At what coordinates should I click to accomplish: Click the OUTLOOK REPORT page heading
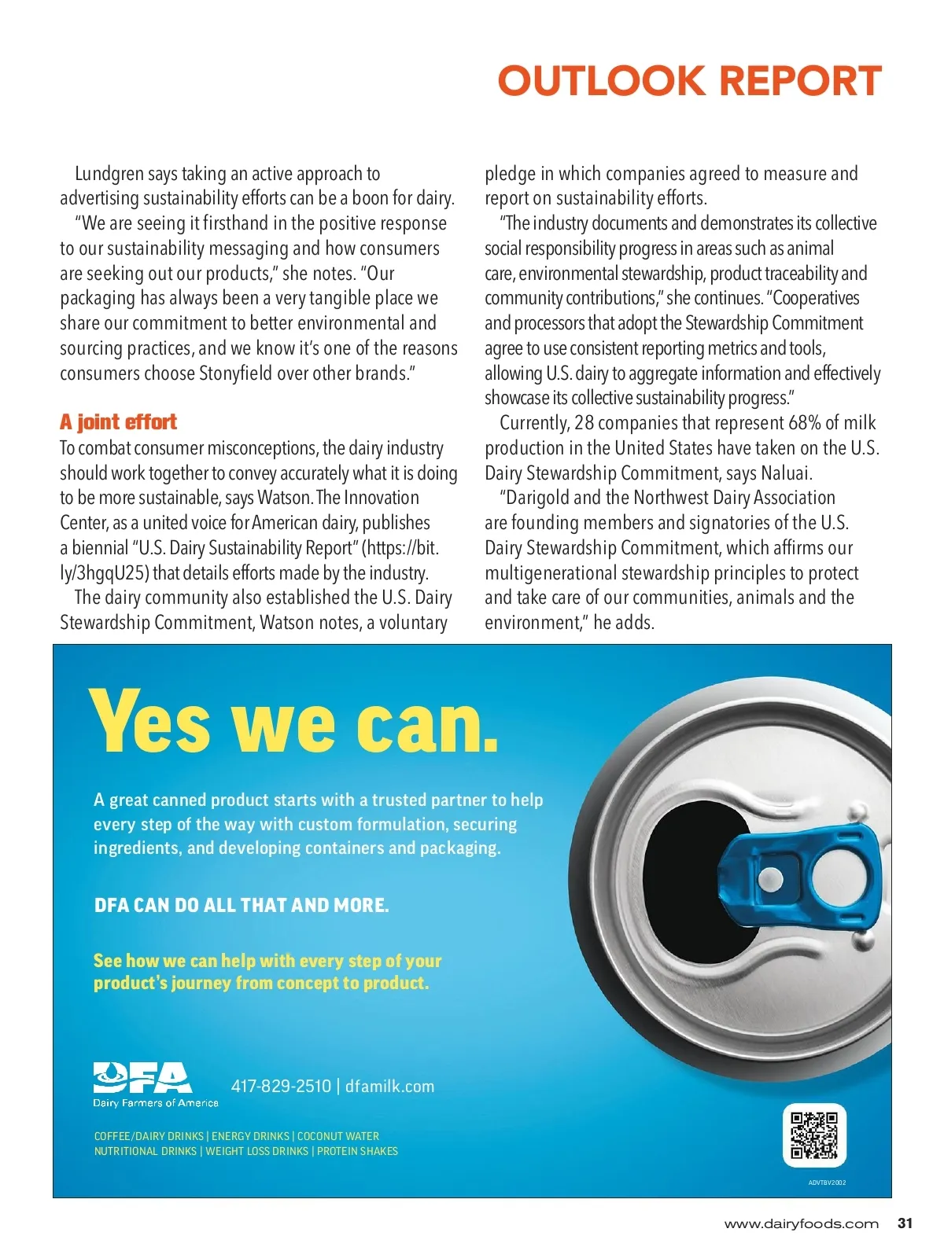click(x=689, y=81)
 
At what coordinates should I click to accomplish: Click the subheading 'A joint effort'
click(x=118, y=422)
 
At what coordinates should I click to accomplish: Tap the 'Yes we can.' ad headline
click(x=294, y=721)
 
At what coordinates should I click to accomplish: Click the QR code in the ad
click(x=814, y=1135)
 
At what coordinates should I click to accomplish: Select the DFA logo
click(x=142, y=1078)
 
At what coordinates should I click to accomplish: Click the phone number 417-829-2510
click(x=281, y=1086)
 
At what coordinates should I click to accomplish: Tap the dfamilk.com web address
click(x=389, y=1086)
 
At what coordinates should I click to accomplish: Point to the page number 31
click(x=905, y=1223)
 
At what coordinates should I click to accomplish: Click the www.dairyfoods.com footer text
click(x=801, y=1223)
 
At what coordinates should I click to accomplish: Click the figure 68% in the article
click(x=804, y=422)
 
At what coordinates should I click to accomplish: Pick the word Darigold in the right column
click(x=539, y=498)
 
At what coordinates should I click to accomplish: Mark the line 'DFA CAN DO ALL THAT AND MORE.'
click(x=242, y=905)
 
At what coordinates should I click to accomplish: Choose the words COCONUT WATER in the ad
click(x=338, y=1136)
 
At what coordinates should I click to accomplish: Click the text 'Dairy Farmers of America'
click(x=156, y=1103)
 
